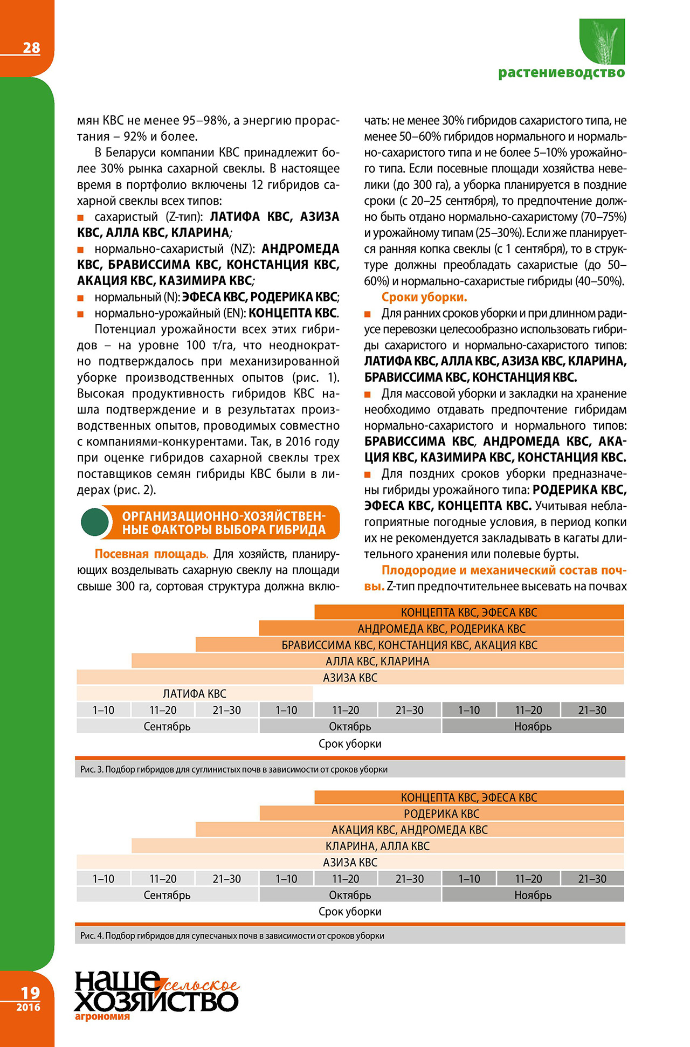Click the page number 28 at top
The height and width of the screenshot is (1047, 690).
[x=31, y=48]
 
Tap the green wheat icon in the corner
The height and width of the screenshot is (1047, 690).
[x=602, y=41]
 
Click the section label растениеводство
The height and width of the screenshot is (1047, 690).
[x=561, y=73]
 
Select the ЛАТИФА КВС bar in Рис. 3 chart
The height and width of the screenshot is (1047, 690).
[x=195, y=694]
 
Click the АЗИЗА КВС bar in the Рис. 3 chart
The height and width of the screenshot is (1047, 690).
[x=350, y=678]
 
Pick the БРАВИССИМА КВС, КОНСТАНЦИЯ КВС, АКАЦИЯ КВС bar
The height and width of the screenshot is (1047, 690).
[x=409, y=645]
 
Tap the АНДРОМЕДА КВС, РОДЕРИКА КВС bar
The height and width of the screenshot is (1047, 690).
[x=441, y=629]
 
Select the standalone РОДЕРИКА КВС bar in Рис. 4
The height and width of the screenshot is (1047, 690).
[x=441, y=814]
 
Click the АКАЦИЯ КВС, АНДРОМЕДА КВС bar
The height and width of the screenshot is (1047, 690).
[x=409, y=830]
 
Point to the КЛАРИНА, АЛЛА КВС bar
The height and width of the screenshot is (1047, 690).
[x=377, y=846]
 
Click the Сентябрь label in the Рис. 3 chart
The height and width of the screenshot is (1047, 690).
[x=167, y=726]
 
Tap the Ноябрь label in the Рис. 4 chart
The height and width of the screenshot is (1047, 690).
[x=533, y=895]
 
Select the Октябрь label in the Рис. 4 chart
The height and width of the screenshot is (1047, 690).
[x=350, y=895]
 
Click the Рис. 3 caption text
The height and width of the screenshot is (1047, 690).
[x=234, y=769]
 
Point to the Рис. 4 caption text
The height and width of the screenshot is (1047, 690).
[x=232, y=935]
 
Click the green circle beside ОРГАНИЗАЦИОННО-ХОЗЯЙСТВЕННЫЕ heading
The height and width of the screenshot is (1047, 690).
[x=95, y=522]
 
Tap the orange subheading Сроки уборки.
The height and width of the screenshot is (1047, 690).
[x=424, y=297]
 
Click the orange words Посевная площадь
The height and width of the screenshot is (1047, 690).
[x=151, y=554]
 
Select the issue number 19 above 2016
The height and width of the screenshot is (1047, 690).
[x=30, y=993]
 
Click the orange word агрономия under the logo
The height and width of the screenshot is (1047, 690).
[x=102, y=1017]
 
